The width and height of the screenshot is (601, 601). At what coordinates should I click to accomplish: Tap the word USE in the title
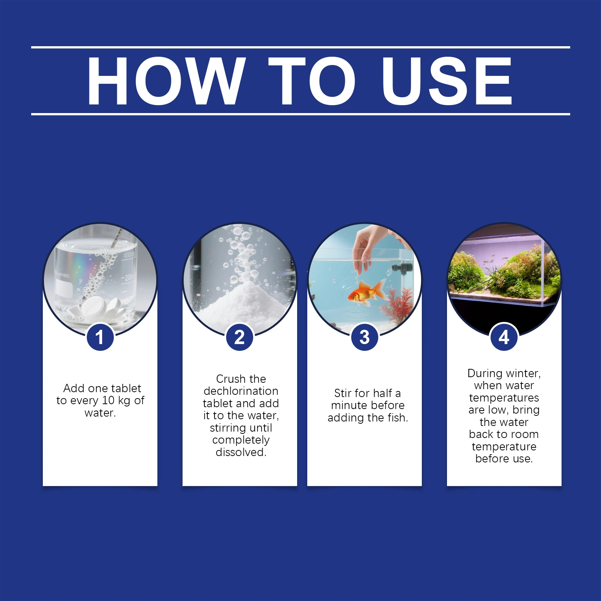pos(447,81)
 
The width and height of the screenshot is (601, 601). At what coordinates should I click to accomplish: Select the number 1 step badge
pos(100,337)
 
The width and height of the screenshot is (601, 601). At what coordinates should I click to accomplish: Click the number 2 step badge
pos(240,337)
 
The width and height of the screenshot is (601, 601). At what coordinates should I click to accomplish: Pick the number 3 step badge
pos(364,337)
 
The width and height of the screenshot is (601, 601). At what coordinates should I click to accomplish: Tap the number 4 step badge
pos(504,337)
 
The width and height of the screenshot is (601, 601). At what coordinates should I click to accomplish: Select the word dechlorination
pos(241,391)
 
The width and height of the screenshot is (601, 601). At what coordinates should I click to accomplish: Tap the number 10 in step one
pos(108,400)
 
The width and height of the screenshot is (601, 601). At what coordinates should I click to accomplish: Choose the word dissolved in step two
pos(241,452)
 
